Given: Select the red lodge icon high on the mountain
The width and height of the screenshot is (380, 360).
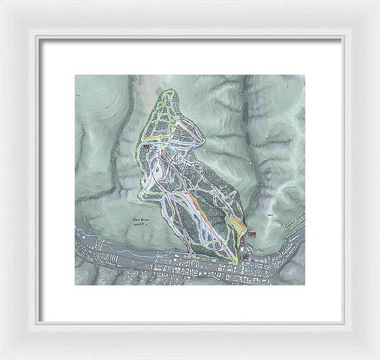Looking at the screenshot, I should [147, 147].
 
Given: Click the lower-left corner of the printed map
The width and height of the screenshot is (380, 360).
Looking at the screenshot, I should [75, 285].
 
